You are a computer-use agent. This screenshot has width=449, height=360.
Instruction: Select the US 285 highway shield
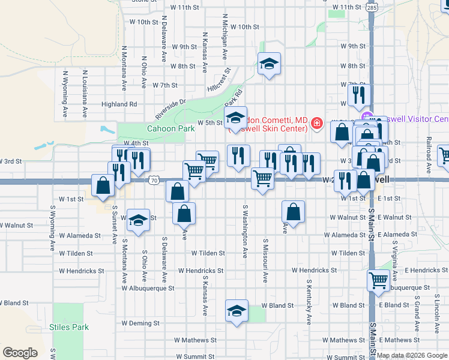[372, 8]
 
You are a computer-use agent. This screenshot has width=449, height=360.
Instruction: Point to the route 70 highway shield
[154, 179]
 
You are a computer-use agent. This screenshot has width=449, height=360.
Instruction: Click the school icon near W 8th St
[270, 63]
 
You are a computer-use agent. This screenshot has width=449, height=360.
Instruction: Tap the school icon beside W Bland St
[237, 310]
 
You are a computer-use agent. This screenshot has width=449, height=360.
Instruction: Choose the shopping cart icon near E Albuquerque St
[378, 280]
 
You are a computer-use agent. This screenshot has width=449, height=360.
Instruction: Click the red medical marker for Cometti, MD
[316, 124]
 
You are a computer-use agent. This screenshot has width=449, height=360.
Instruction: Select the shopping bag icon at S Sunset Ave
[103, 185]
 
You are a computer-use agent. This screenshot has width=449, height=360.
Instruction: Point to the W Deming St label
[140, 323]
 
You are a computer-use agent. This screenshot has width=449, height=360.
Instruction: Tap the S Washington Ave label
[246, 231]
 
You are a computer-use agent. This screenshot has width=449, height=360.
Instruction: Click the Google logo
[20, 352]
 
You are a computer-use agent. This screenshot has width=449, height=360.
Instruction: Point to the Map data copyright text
[412, 355]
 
